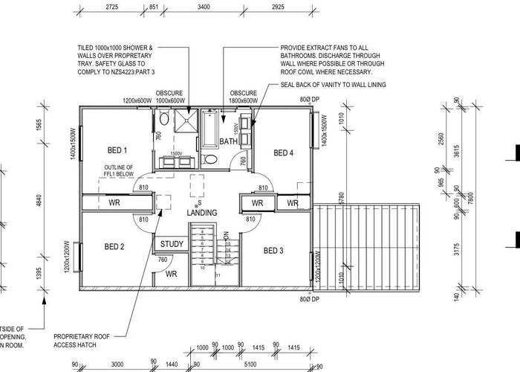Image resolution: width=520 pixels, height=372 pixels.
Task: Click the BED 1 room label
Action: (x=116, y=150)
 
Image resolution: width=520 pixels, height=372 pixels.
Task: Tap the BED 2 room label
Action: (x=114, y=246)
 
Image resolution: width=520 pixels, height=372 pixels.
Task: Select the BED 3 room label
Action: (x=273, y=251)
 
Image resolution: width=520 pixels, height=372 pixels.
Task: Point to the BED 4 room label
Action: (x=284, y=153)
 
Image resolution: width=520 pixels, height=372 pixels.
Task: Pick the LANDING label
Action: (x=202, y=213)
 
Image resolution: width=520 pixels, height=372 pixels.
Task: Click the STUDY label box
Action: (x=172, y=243)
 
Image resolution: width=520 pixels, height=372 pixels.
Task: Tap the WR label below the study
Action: (x=171, y=273)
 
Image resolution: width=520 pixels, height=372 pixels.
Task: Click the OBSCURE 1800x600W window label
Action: (x=243, y=97)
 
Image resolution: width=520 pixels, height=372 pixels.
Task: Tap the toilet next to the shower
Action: (x=163, y=120)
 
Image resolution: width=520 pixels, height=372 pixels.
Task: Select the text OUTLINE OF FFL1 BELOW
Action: (x=118, y=170)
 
